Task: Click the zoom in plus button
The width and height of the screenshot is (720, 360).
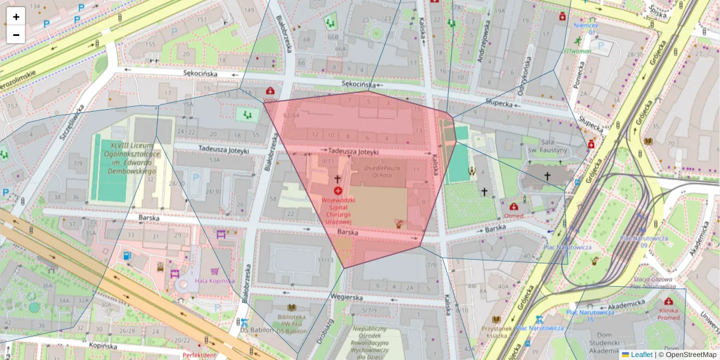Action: pos(16,17)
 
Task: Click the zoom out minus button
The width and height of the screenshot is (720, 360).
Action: pos(16,35)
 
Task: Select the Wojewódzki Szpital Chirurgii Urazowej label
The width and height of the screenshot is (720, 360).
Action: pos(337,208)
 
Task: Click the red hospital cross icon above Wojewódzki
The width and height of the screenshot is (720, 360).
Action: pos(338,190)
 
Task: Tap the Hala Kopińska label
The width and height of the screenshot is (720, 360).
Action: pos(214,281)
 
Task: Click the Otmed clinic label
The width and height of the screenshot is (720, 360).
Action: pos(514,215)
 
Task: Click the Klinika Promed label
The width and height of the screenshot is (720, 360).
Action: pos(668,314)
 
